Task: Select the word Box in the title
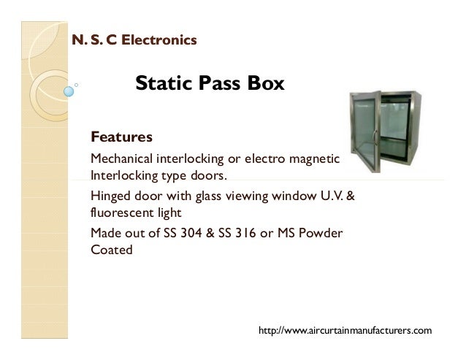coord(264,85)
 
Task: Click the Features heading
coord(121,137)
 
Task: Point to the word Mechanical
coord(120,158)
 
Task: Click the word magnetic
coord(315,158)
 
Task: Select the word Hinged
coord(110,196)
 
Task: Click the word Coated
coord(111,251)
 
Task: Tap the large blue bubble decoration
coord(69,92)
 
